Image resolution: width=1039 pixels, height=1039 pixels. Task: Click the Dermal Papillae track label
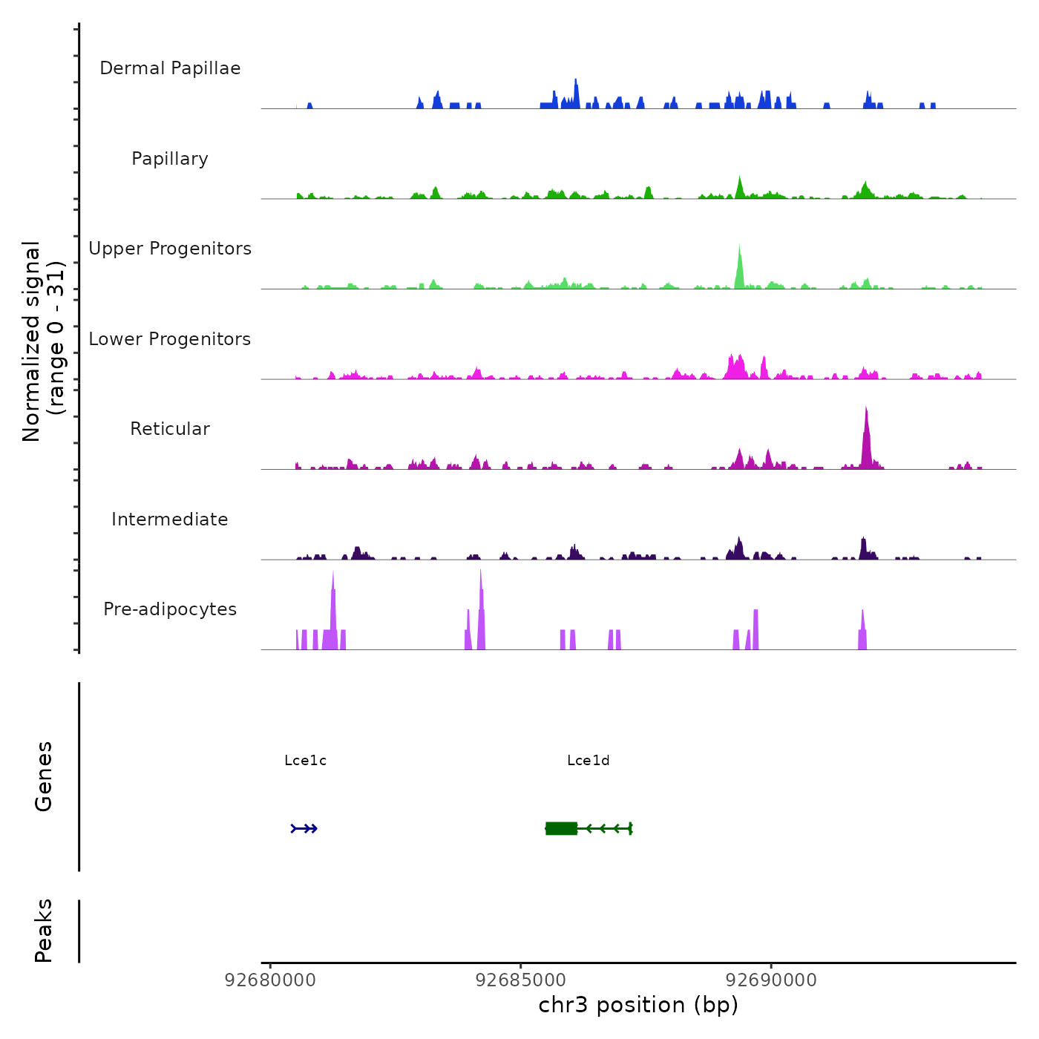click(x=170, y=68)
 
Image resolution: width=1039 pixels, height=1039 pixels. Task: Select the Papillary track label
click(x=170, y=159)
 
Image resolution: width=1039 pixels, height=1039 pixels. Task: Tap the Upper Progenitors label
click(x=170, y=249)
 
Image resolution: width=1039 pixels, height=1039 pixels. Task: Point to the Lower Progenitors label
click(x=170, y=339)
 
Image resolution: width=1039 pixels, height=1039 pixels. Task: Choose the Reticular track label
click(x=170, y=429)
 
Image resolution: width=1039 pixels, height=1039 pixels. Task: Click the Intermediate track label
click(x=170, y=519)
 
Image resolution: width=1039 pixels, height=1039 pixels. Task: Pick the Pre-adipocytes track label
click(x=170, y=609)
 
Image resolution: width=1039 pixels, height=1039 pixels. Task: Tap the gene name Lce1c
click(x=305, y=761)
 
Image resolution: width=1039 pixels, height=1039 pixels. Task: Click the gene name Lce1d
click(x=588, y=761)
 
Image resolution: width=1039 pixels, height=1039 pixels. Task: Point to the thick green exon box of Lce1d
click(x=562, y=828)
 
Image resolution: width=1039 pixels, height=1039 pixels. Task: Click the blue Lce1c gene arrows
click(x=304, y=828)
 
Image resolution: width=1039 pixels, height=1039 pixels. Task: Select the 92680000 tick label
click(x=270, y=980)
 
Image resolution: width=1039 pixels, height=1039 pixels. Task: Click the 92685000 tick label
click(x=520, y=980)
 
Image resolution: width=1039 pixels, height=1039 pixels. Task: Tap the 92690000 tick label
click(x=771, y=980)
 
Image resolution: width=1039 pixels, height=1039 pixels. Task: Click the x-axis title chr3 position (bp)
click(x=638, y=1006)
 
